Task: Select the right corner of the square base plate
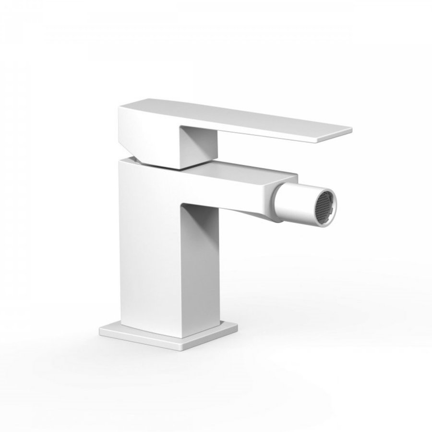[x=238, y=326]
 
